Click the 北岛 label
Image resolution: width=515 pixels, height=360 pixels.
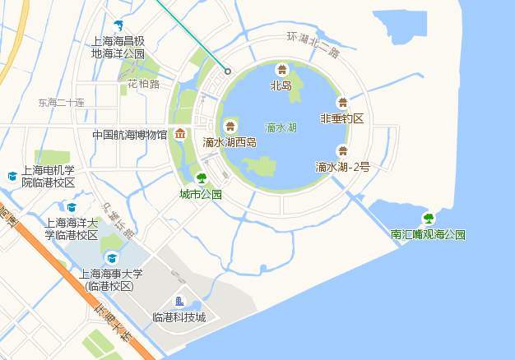281,85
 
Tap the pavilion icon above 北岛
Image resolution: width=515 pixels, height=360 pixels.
282,71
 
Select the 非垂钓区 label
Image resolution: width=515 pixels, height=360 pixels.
341,118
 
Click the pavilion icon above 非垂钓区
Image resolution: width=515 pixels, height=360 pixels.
342,103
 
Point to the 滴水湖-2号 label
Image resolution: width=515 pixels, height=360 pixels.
342,167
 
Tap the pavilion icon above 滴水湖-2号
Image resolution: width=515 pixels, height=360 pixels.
342,151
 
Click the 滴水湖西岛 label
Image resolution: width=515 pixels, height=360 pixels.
230,142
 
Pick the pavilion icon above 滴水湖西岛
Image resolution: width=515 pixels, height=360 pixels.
230,126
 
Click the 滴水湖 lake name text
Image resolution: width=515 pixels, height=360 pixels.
282,128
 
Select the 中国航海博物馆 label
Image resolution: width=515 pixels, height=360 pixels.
129,135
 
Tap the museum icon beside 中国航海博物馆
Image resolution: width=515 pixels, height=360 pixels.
179,134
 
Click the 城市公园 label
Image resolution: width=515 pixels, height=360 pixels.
201,195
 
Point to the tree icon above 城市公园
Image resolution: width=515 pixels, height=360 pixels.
202,178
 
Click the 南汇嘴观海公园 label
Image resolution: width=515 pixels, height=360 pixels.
428,234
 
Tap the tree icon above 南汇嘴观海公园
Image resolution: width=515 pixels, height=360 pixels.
428,219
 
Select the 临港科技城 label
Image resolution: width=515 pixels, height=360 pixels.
179,317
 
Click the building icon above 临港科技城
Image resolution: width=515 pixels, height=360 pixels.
179,302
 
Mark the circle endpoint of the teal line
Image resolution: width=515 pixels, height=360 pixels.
228,72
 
